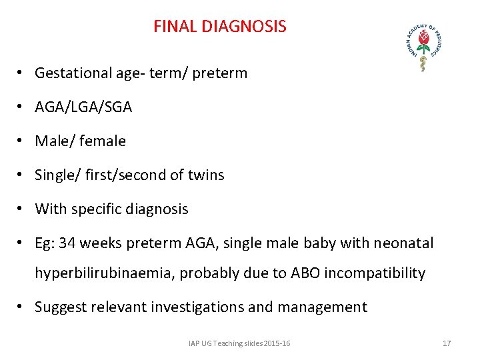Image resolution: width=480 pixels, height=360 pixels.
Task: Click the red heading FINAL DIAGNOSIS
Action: (x=219, y=27)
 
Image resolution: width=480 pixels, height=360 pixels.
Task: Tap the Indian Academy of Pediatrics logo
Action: (x=423, y=45)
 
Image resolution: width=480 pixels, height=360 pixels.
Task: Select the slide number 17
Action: (x=447, y=343)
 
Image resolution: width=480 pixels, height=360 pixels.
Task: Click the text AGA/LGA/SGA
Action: (x=83, y=107)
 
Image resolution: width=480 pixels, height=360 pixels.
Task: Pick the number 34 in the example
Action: (x=67, y=243)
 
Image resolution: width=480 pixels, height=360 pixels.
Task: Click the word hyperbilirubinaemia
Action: (x=103, y=273)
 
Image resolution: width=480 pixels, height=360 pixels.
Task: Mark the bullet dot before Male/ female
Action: (x=22, y=141)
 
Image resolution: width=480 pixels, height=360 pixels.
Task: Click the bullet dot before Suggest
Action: (x=22, y=307)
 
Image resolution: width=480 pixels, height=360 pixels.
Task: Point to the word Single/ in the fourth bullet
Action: (x=55, y=175)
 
